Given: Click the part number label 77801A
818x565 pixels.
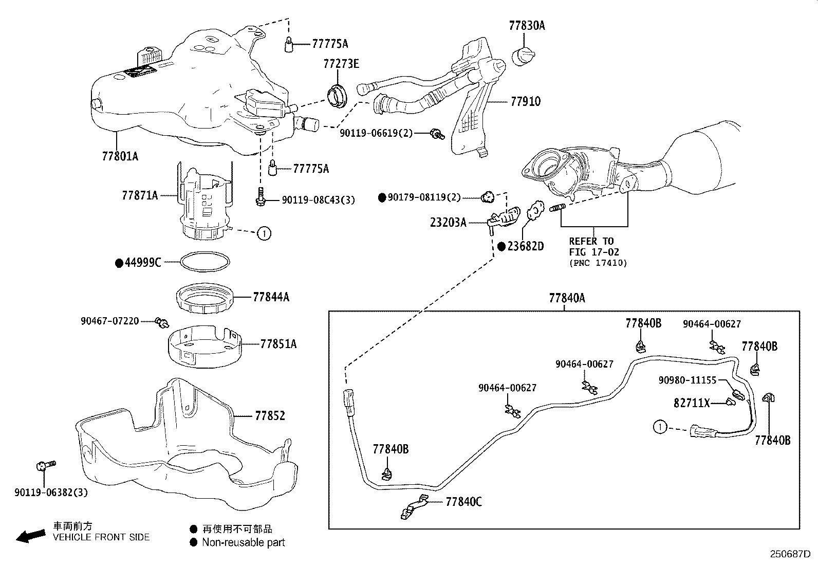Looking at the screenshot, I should [120, 156].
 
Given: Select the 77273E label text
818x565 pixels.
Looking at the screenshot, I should [341, 64].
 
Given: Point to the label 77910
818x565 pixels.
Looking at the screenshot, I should [525, 102].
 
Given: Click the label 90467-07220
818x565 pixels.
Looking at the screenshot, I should [109, 321].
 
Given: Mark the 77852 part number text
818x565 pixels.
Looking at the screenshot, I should [270, 415].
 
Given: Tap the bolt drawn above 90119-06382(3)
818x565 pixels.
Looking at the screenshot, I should [43, 466].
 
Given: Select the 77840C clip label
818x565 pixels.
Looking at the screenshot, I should [463, 501].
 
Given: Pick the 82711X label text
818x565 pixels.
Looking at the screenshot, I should [691, 404].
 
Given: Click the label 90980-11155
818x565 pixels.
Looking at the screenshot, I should [687, 380].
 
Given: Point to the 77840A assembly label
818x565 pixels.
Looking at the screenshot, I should [567, 298].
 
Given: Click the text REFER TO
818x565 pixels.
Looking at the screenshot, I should [591, 241].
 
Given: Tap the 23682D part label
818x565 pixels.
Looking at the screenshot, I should [525, 246].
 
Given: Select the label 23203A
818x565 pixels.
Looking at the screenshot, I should [448, 223].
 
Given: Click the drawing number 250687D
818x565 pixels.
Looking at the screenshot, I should [789, 554].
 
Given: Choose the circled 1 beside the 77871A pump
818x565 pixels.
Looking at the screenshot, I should [264, 233].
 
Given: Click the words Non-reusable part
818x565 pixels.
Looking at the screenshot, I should [243, 542].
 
